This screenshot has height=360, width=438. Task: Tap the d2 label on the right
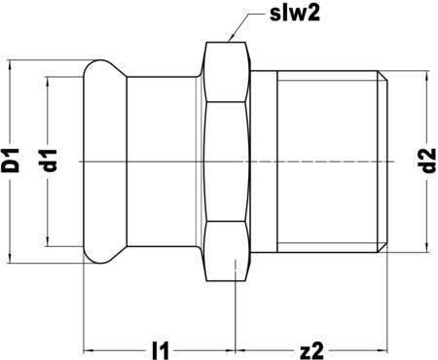click(x=424, y=159)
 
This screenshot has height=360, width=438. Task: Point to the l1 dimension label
click(x=162, y=345)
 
